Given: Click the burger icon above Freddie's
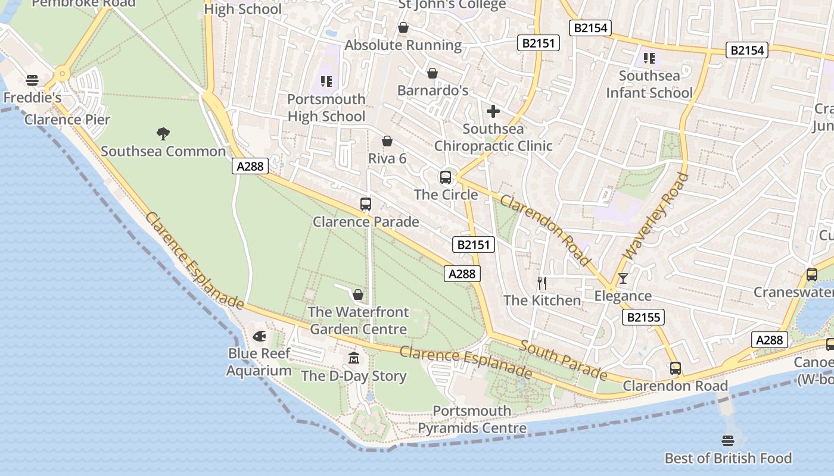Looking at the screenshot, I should [x=32, y=80].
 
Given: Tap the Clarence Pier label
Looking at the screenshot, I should [x=67, y=120].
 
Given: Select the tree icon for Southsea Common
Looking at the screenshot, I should [x=163, y=133].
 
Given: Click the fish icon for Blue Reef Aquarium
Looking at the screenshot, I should [x=259, y=336].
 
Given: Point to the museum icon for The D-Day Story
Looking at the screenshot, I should [x=354, y=358].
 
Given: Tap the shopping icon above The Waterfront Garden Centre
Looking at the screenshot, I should [x=358, y=295].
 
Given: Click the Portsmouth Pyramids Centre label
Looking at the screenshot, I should [x=472, y=419].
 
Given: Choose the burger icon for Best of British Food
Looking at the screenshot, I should [x=727, y=441].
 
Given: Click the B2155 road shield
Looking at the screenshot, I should [x=644, y=317].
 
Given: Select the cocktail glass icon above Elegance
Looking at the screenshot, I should [x=623, y=278].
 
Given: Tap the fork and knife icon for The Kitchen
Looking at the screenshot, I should [x=542, y=283].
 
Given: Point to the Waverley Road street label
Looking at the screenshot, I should [x=655, y=217].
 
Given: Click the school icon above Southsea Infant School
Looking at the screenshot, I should [x=649, y=58].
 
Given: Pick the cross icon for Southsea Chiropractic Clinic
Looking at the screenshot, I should [x=493, y=111].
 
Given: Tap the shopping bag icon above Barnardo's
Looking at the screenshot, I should [x=432, y=73].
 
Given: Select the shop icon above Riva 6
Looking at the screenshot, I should [x=387, y=141].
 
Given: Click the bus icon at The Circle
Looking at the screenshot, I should [x=446, y=177].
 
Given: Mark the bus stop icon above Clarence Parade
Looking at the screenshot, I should [x=366, y=204].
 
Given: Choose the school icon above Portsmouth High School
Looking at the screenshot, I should [x=326, y=82].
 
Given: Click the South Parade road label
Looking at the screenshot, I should [x=564, y=360].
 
